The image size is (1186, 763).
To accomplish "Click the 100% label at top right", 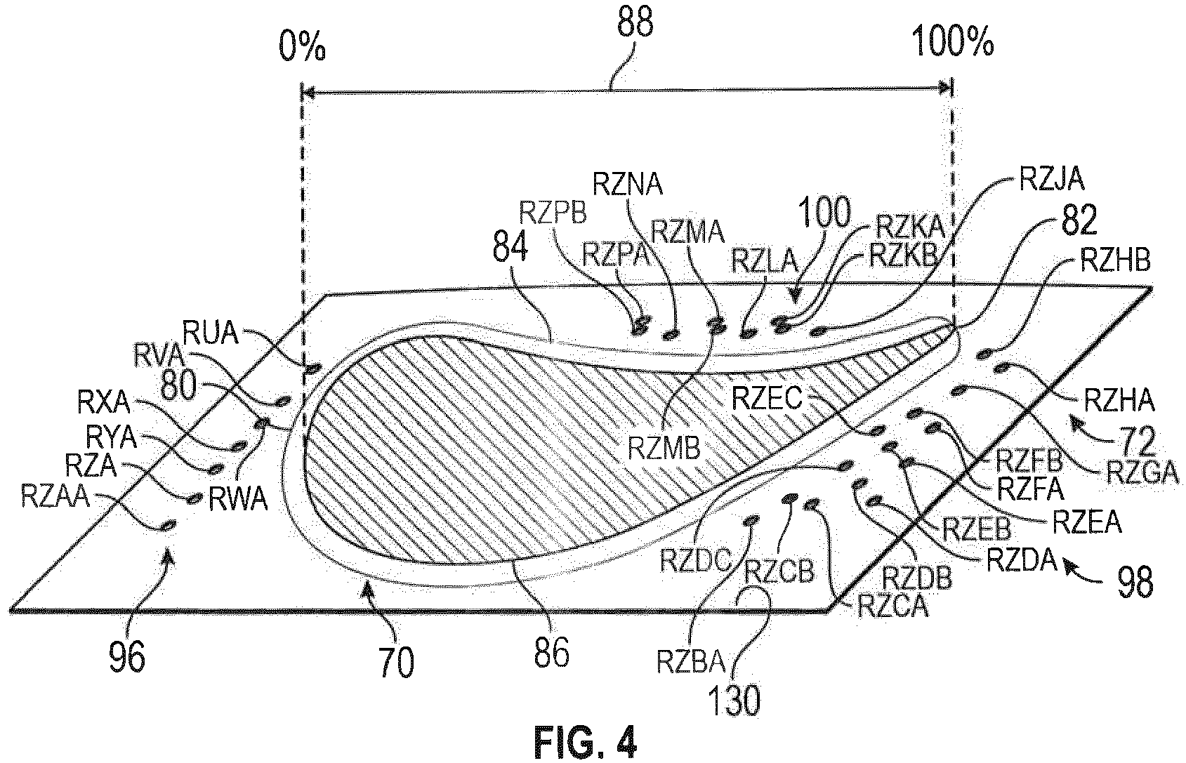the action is [952, 42].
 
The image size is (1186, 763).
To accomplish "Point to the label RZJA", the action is [1051, 180].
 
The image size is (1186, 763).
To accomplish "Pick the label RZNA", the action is [628, 185].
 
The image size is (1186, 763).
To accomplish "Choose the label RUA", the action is [210, 333].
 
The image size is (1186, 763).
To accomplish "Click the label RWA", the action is [238, 498].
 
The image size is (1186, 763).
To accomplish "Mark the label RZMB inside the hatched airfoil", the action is [664, 448].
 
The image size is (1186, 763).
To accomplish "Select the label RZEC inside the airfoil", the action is [767, 398].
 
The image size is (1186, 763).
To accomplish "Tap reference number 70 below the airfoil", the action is [397, 663].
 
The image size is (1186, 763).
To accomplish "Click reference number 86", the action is [551, 653].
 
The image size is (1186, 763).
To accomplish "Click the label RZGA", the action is [1142, 472].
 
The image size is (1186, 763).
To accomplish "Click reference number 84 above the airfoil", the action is [510, 247].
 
